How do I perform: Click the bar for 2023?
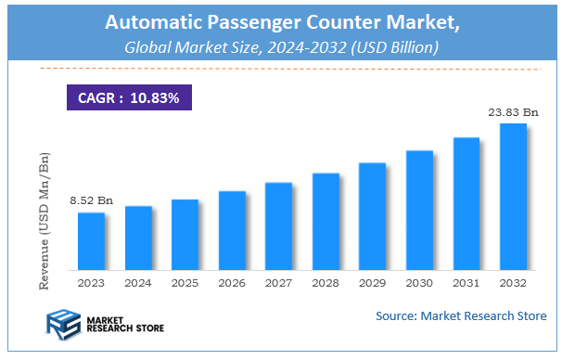coord(91,241)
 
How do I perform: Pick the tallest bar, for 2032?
coord(513,197)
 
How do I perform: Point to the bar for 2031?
coord(466,204)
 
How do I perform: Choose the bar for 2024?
coord(138,238)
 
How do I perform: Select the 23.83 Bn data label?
coord(513,111)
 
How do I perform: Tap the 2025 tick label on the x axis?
coord(185,284)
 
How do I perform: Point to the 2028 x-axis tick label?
coord(326,284)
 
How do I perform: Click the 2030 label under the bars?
coord(419,284)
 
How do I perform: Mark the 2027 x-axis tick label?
coord(279,284)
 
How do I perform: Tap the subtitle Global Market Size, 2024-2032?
coord(280,46)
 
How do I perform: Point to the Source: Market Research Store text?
coord(461,316)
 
